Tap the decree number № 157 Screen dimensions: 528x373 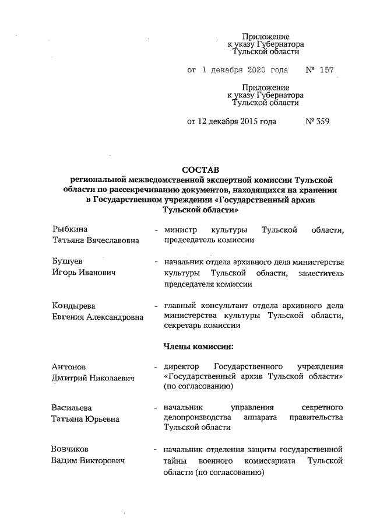point(319,70)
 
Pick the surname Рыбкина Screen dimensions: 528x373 point(69,230)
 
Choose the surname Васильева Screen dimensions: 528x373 point(72,407)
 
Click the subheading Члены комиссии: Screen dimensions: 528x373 point(199,347)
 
